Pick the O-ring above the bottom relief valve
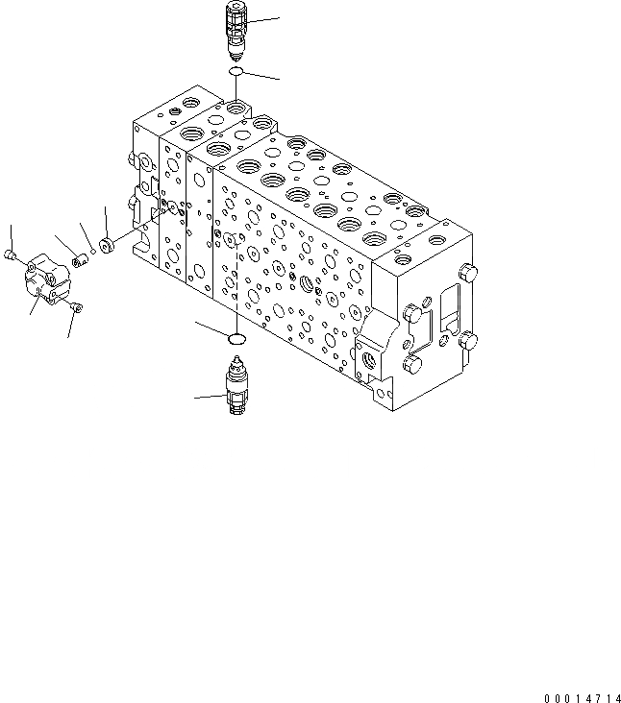[x=236, y=338]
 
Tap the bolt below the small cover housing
[x=78, y=307]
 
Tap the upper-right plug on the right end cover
[x=468, y=274]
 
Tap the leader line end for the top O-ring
[x=279, y=78]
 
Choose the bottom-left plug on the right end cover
[x=415, y=365]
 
